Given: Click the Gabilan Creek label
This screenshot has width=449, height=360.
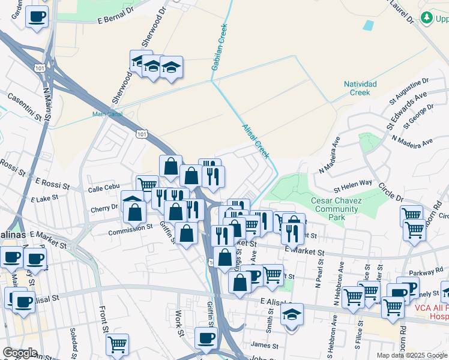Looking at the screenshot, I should tap(220, 47).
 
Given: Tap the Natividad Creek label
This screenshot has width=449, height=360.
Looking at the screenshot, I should tap(360, 88).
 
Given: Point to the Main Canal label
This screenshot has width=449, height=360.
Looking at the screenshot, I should tap(107, 114).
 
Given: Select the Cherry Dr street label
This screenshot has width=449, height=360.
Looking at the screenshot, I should tap(104, 208).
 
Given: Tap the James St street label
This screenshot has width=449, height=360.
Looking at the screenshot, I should tap(265, 345).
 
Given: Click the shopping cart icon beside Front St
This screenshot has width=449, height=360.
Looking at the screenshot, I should tap(117, 344).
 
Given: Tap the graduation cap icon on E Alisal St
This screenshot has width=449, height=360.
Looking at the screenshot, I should tap(292, 314).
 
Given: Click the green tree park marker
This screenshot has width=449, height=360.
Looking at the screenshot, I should tap(427, 18).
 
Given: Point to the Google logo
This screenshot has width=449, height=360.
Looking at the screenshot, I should tap(20, 353).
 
